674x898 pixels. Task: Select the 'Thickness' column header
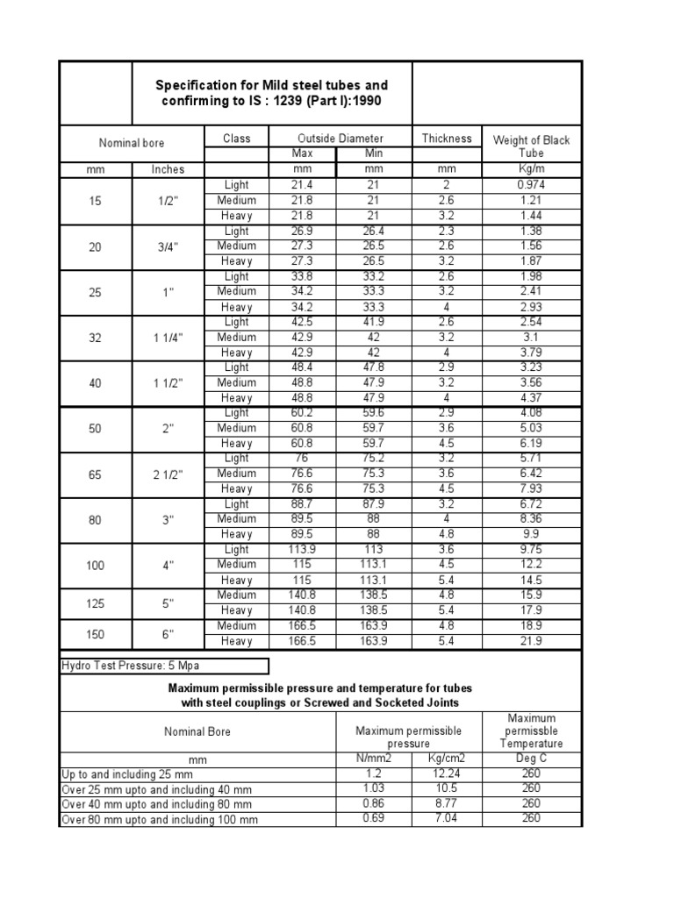(447, 139)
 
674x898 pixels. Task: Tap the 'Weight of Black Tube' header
(531, 146)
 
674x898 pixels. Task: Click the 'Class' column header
(236, 139)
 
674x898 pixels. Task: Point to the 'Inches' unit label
(168, 169)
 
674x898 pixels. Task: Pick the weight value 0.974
(531, 185)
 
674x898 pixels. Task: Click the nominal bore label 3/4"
(168, 246)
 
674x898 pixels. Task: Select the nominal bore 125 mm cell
(95, 602)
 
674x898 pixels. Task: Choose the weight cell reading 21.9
(531, 641)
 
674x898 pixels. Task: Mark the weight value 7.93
(531, 488)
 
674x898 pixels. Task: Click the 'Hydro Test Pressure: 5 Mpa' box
(164, 666)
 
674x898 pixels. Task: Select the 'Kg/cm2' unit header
(447, 759)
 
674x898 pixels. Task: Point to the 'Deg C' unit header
(531, 759)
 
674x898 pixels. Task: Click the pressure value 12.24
(447, 773)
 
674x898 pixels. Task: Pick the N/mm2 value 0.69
(374, 818)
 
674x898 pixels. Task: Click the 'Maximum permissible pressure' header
(408, 737)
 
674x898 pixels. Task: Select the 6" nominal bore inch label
(168, 633)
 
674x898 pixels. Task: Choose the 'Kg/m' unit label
(531, 169)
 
